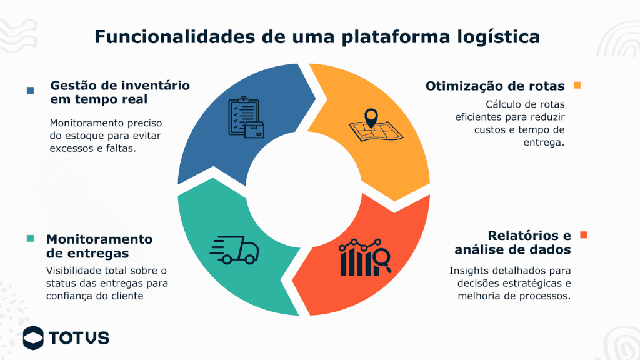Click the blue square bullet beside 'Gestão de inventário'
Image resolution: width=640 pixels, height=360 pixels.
[x=30, y=90]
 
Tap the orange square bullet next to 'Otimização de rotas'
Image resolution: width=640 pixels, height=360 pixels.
[x=577, y=85]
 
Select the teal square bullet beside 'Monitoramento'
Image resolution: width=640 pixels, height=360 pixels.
[x=30, y=239]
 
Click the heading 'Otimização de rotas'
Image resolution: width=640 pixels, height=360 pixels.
[x=495, y=86]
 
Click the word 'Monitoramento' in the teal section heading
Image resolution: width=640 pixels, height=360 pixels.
[x=99, y=239]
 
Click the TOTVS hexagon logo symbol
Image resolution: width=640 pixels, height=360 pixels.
[x=33, y=337]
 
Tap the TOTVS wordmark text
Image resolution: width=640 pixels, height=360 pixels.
[x=79, y=338]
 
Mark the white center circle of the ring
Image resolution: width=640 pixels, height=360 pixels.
[x=304, y=187]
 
